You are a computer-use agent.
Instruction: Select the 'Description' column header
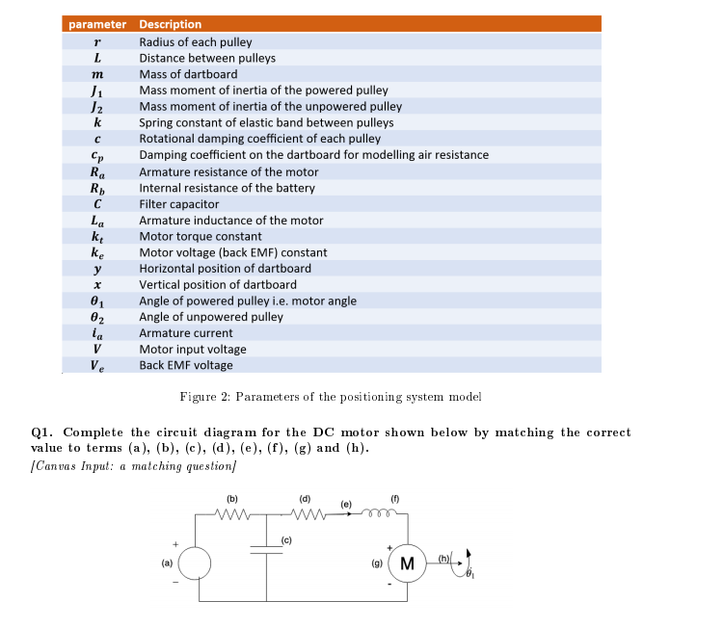point(171,24)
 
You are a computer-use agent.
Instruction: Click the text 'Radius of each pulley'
point(196,42)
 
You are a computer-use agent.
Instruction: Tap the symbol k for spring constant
point(97,122)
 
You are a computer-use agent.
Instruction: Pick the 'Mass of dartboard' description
point(188,74)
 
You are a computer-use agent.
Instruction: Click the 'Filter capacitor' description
point(179,204)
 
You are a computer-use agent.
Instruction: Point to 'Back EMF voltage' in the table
point(186,365)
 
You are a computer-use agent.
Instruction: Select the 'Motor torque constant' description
point(201,236)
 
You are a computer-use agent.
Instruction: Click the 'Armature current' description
point(186,333)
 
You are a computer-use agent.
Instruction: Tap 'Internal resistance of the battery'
point(227,188)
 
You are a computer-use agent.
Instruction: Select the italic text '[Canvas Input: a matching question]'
point(134,466)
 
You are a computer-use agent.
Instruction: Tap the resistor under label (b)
point(231,514)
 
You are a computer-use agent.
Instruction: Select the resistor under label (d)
point(304,514)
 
